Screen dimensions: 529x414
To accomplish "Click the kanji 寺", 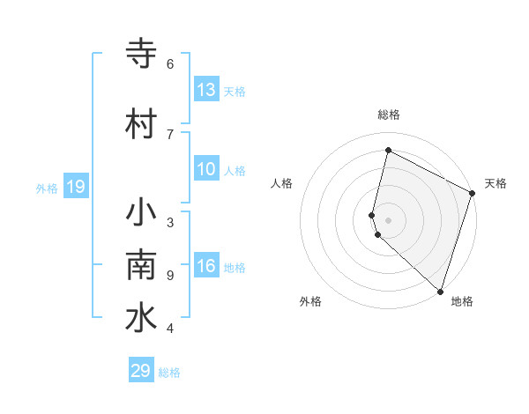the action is (141, 53).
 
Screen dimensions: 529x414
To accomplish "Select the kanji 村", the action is (141, 123).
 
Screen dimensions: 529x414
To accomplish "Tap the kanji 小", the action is (141, 214).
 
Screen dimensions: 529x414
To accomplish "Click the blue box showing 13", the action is (206, 89).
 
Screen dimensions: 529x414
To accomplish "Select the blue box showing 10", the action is (206, 170).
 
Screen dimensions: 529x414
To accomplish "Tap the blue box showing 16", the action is (206, 267).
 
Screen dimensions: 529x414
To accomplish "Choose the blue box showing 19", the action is (75, 186).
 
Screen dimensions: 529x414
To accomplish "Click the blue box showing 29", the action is (141, 371).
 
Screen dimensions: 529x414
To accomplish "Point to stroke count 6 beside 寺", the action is (170, 63).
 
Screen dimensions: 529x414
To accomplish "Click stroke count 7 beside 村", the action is (170, 134).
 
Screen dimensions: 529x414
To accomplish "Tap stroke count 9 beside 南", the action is (170, 275).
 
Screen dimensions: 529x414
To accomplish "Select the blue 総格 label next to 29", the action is (169, 373).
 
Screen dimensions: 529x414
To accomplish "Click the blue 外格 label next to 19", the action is (47, 188).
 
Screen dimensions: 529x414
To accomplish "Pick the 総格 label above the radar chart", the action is (389, 115).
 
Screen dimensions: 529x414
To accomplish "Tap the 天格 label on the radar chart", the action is (495, 183).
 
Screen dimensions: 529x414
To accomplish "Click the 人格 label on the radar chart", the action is (281, 183).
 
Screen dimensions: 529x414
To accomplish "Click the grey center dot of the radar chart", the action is (389, 219).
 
